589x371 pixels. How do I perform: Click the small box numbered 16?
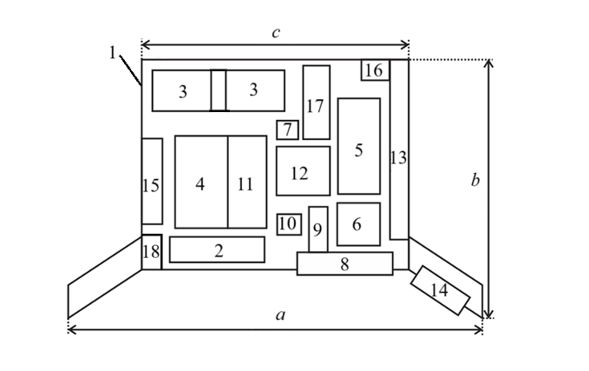coord(376,70)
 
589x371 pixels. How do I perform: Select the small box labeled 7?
coord(287,129)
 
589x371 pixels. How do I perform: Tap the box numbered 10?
coord(289,224)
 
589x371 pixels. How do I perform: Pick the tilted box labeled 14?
coord(440,290)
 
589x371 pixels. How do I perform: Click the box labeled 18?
coord(152,252)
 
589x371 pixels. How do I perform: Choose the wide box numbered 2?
coord(217,249)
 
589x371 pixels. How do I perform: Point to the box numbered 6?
coord(358,224)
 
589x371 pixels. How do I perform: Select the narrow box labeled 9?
coord(318,229)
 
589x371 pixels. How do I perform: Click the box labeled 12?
coord(303,171)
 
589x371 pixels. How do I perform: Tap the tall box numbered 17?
coord(317,103)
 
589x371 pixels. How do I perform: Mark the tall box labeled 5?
coord(359,146)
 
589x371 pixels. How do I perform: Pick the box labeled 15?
coord(152,181)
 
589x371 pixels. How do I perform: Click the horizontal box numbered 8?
coord(345,263)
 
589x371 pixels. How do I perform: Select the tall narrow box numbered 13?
coord(399,149)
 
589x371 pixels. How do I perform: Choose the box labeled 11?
coord(247,182)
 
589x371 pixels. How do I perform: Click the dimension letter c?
coord(276,33)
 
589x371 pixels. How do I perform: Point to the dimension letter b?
coord(475,180)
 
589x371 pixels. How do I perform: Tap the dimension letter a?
coord(280,315)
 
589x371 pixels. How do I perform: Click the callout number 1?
coord(112,52)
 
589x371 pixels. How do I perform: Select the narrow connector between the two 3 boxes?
coord(219,90)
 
